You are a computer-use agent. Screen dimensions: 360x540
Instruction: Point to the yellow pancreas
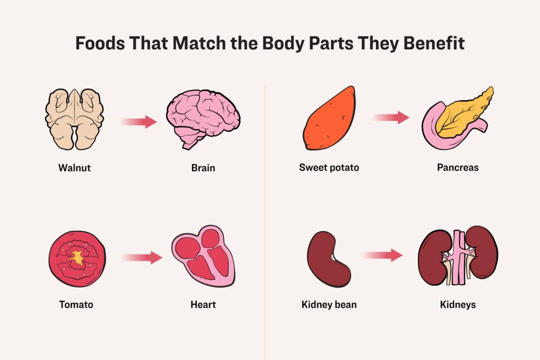pyautogui.click(x=462, y=112)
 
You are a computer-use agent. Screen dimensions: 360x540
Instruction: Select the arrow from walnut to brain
pyautogui.click(x=138, y=121)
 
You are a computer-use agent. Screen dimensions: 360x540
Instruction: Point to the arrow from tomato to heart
pyautogui.click(x=141, y=258)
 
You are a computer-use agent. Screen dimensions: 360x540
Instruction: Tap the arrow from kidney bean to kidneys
pyautogui.click(x=382, y=255)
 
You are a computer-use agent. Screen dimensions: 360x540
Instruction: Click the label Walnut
pyautogui.click(x=74, y=167)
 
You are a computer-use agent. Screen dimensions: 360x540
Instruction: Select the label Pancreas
pyautogui.click(x=457, y=167)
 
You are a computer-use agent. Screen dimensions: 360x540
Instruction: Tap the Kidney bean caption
pyautogui.click(x=329, y=304)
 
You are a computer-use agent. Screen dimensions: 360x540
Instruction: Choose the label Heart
pyautogui.click(x=203, y=304)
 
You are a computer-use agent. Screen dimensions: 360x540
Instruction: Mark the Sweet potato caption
pyautogui.click(x=329, y=167)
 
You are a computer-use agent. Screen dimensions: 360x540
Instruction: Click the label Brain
pyautogui.click(x=203, y=167)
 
